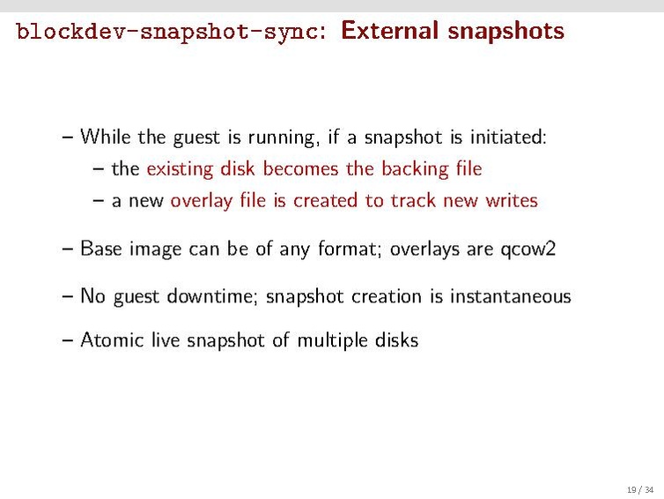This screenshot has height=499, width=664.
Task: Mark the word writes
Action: click(x=511, y=200)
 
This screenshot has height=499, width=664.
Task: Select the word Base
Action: click(x=100, y=249)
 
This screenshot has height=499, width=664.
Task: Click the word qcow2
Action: click(x=528, y=249)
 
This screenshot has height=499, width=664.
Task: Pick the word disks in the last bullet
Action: click(x=396, y=339)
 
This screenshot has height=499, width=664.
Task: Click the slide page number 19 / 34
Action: click(x=639, y=489)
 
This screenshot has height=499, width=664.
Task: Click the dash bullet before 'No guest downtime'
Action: click(x=69, y=296)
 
